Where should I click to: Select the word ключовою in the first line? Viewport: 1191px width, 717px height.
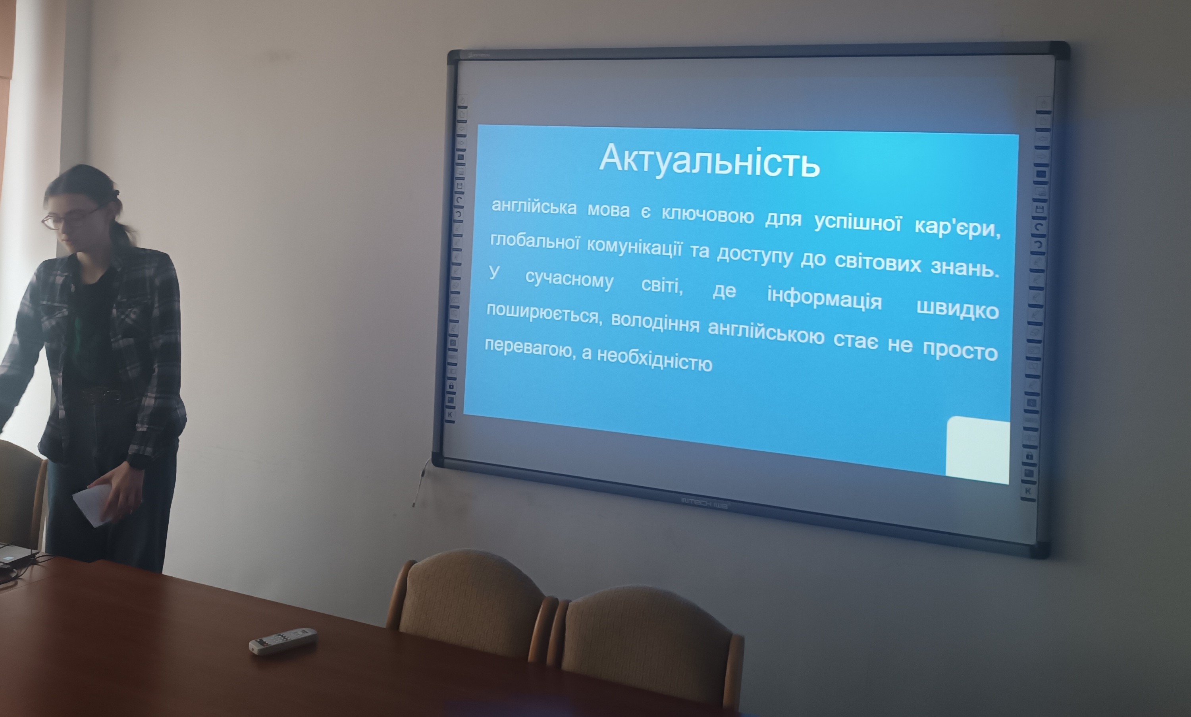(x=707, y=215)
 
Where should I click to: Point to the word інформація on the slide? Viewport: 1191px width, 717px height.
(x=824, y=298)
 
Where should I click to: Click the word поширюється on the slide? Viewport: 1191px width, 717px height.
(x=544, y=315)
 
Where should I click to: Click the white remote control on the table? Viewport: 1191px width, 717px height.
(x=283, y=641)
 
